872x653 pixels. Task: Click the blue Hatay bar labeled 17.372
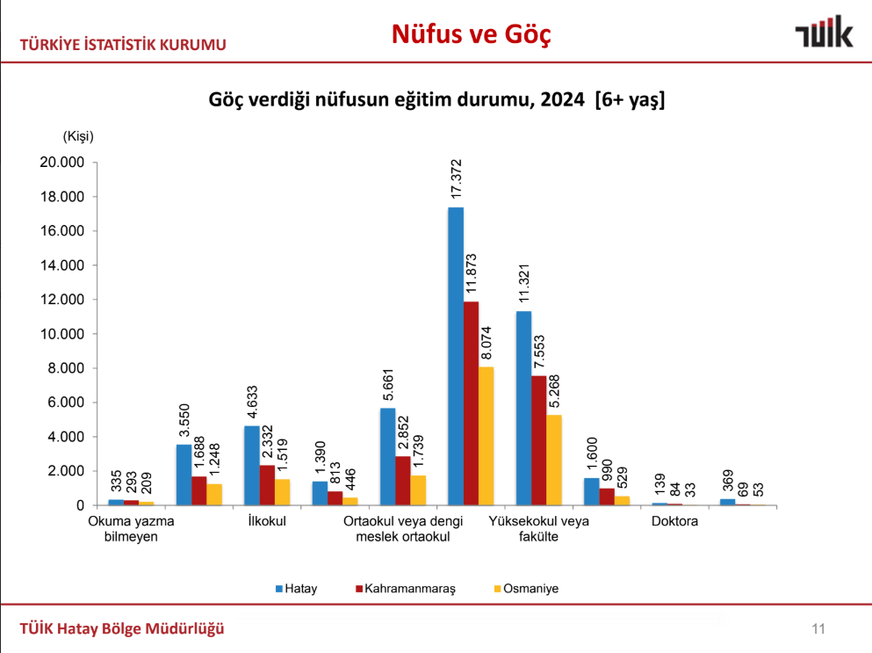456,356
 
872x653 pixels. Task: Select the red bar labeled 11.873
472,403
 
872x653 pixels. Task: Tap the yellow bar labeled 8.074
486,436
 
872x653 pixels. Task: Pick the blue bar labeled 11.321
523,408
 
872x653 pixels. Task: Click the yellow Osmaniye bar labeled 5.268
554,460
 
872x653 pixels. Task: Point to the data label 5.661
387,384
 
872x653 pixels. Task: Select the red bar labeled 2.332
267,485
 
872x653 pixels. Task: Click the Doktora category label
674,521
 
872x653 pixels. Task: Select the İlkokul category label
267,521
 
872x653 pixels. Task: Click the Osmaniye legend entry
528,589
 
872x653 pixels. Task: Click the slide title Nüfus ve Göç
471,34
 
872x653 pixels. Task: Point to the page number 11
818,628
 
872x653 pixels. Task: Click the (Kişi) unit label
77,136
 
